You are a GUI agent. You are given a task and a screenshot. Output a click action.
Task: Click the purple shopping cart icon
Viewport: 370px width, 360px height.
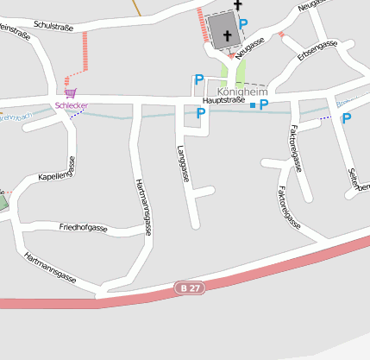70,93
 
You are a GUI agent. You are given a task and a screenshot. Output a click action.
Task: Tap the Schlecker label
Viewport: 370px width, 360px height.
72,105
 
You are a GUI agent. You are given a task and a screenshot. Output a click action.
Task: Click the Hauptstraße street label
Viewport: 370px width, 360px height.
220,100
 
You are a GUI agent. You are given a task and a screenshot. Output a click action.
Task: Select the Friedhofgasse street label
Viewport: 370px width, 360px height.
83,227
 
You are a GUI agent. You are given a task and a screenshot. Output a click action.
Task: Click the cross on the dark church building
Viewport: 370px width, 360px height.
228,35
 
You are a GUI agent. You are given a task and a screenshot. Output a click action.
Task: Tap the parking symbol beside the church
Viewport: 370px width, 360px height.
243,24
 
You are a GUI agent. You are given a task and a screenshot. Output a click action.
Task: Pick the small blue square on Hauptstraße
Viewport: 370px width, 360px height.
253,105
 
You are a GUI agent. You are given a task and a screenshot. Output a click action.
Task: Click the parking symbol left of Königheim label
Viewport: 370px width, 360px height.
199,80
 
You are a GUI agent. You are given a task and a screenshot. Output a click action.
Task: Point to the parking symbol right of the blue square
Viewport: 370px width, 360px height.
264,104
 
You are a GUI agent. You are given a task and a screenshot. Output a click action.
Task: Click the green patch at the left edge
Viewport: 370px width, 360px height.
3,203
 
